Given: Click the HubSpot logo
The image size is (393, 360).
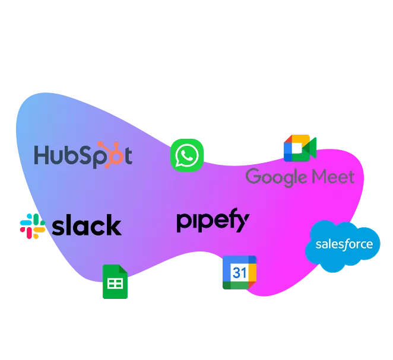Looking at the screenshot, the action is [83, 155].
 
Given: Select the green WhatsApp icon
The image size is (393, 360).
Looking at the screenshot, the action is [187, 155].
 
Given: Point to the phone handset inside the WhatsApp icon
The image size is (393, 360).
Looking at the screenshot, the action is [187, 155].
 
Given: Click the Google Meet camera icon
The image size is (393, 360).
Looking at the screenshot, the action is [300, 148].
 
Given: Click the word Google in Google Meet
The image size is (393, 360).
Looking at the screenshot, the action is [276, 177].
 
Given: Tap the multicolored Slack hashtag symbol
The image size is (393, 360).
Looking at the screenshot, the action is [33, 226].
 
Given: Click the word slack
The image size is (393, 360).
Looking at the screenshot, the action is [87, 225].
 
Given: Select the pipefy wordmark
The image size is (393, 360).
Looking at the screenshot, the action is [213, 220].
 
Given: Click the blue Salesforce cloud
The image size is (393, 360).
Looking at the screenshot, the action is [343, 246].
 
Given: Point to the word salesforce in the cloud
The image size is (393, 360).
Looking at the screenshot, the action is [344, 244].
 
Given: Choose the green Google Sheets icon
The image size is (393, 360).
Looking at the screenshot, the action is [115, 282].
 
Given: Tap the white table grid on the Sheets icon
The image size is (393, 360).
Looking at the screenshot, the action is [115, 283].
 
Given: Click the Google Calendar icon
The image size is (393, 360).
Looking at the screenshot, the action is [240, 272].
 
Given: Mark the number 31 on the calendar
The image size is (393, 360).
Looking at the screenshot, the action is [239, 273].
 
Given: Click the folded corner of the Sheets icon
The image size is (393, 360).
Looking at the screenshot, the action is [123, 269].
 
